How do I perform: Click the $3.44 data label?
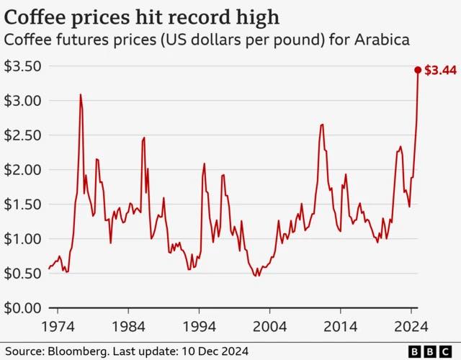pyautogui.click(x=439, y=71)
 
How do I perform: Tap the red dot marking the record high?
pyautogui.click(x=418, y=70)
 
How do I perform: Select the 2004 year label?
pyautogui.click(x=270, y=326)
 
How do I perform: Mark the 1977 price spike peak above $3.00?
pyautogui.click(x=81, y=95)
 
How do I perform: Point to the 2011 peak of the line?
pyautogui.click(x=322, y=125)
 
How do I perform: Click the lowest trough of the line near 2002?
pyautogui.click(x=256, y=276)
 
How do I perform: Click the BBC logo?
pyautogui.click(x=427, y=351)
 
